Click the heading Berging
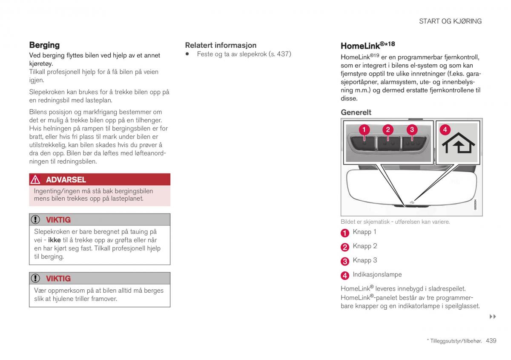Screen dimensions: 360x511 [x=44, y=45]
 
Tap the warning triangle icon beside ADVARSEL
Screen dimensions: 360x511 [x=36, y=179]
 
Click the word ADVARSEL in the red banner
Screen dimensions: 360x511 [x=66, y=179]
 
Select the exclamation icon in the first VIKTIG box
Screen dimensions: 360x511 [x=36, y=220]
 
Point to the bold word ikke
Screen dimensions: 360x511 [x=54, y=240]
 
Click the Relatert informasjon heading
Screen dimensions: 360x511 [x=221, y=45]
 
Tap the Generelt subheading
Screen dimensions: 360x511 [x=356, y=112]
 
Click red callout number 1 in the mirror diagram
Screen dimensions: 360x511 [x=364, y=129]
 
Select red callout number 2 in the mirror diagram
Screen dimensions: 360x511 [x=388, y=129]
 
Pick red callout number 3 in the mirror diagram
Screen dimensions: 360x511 [x=412, y=129]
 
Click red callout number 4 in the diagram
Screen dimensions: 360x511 [x=445, y=129]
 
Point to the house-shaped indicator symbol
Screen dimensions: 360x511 [x=458, y=144]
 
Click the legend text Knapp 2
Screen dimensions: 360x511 [x=365, y=246]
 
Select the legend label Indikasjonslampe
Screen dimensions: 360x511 [x=377, y=275]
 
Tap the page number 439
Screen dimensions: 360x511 [x=491, y=341]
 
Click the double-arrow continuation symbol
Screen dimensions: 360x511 [x=493, y=317]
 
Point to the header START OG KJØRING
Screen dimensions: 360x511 [x=450, y=21]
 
